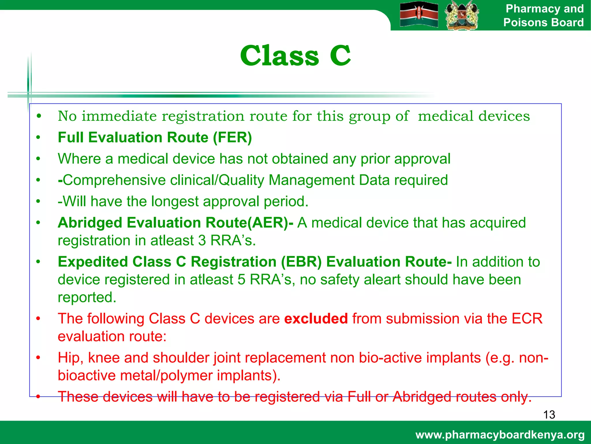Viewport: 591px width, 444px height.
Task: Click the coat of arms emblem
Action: pyautogui.click(x=461, y=15)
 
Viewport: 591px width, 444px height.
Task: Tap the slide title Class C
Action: pyautogui.click(x=295, y=55)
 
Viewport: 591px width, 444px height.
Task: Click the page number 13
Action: pyautogui.click(x=549, y=415)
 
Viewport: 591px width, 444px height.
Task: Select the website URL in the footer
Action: pyautogui.click(x=500, y=435)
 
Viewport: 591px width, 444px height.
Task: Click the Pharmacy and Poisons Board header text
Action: pyautogui.click(x=544, y=16)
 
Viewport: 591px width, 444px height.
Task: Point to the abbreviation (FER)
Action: pyautogui.click(x=232, y=137)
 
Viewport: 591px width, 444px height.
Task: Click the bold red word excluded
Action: pyautogui.click(x=316, y=319)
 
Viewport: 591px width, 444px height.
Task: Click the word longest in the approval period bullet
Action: pyautogui.click(x=175, y=201)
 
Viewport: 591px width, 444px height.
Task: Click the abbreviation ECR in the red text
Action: pyautogui.click(x=527, y=319)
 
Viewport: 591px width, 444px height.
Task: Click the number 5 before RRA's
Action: pyautogui.click(x=242, y=280)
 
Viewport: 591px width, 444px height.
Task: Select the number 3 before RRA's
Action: pyautogui.click(x=202, y=240)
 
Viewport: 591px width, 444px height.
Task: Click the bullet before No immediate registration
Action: pyautogui.click(x=38, y=116)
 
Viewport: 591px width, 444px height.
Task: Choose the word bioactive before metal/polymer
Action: pyautogui.click(x=87, y=375)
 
